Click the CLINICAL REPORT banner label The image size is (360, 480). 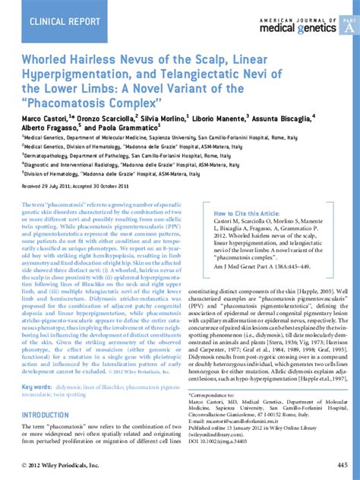point(61,21)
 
